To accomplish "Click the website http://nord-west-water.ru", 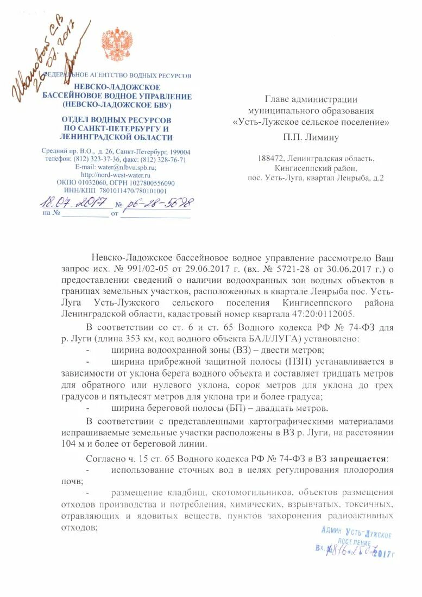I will point(116,175).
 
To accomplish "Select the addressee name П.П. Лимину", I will point(311,137).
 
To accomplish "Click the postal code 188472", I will point(275,158).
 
